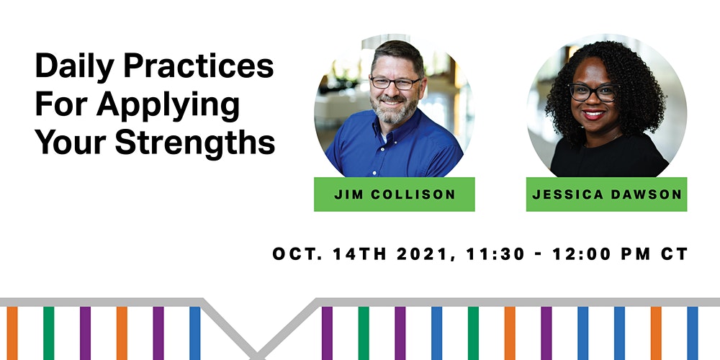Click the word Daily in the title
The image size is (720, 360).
coord(74,67)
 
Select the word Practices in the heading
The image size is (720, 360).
coord(199,66)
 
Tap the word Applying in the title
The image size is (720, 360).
coord(168,106)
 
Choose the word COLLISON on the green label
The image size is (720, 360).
coord(413,194)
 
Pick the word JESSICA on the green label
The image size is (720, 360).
coord(567,194)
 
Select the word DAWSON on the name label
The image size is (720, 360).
coord(646,194)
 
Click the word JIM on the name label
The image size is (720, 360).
coord(349,194)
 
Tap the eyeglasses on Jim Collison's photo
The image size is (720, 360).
coord(395,83)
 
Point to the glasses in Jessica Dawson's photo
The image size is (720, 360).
coord(593,92)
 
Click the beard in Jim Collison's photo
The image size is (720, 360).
coord(394,109)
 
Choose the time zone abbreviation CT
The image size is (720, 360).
coord(675,254)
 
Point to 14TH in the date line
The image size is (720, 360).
coord(359,254)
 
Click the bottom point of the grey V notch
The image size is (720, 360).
coord(257,356)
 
